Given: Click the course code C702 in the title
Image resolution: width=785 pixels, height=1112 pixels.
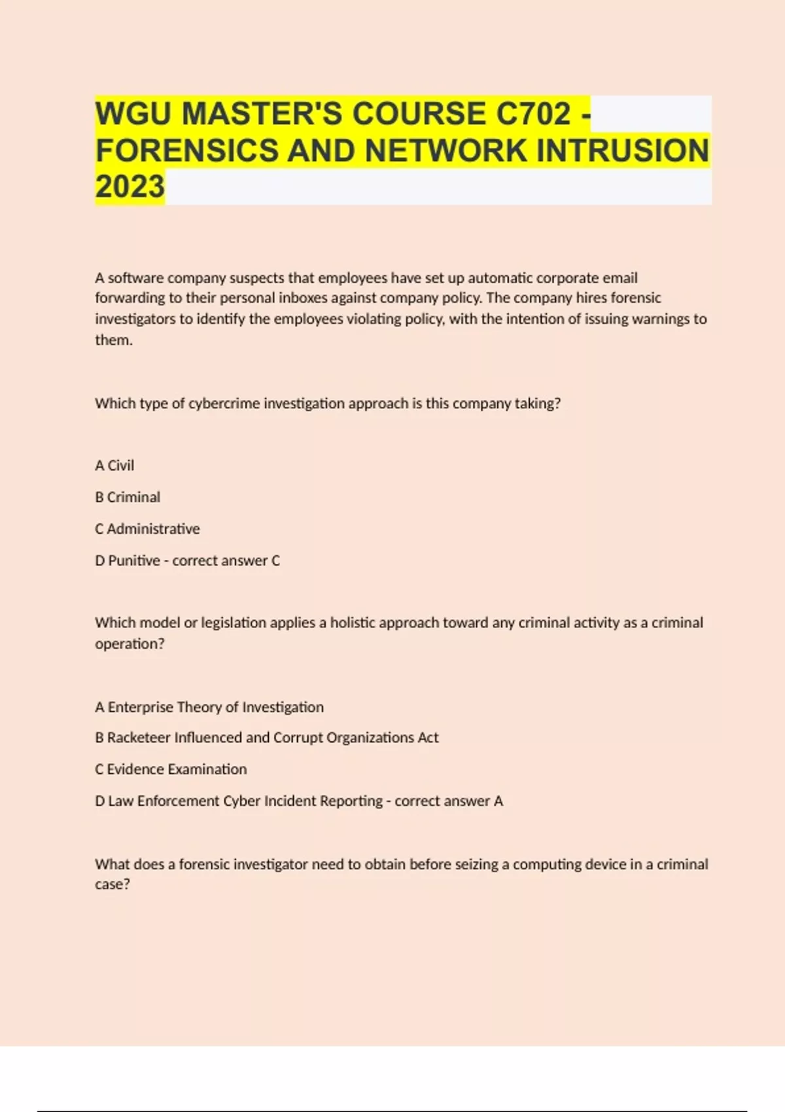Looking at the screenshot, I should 533,114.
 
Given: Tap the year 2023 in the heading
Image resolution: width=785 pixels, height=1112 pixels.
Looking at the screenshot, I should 130,187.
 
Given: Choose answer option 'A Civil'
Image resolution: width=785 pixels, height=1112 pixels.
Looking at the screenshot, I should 114,466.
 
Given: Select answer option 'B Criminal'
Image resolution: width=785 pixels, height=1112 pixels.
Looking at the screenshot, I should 128,497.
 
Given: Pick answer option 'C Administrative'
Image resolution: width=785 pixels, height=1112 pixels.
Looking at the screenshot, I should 147,529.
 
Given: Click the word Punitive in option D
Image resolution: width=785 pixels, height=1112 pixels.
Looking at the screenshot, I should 134,561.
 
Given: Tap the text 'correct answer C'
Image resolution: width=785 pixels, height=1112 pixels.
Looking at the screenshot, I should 226,561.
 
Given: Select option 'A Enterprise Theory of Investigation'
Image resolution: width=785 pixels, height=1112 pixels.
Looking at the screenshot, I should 209,707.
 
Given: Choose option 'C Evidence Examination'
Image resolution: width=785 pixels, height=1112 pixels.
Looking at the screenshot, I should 171,769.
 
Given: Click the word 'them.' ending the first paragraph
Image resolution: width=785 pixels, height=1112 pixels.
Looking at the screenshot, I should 114,340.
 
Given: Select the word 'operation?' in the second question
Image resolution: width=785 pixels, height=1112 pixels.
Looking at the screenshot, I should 130,644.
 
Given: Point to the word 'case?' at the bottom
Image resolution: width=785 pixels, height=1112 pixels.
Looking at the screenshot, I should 113,884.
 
